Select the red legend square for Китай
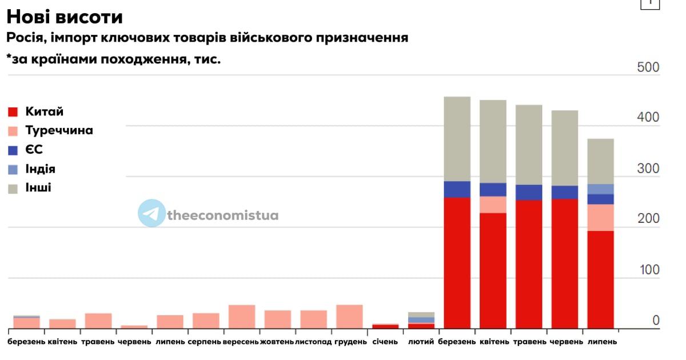coord(14,111)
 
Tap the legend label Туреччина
coord(59,130)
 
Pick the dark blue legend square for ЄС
coord(14,150)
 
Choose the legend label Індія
coord(40,169)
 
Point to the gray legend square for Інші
coord(14,188)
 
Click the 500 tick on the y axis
coord(648,67)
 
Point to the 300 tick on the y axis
coord(648,169)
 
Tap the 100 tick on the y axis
coord(648,270)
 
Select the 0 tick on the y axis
coord(656,321)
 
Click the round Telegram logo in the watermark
coord(151,214)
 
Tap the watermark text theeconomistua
coord(223,215)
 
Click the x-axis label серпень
coord(206,342)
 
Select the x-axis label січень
coord(385,342)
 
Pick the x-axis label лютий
coord(421,342)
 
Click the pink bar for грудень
coord(349,317)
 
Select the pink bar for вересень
coord(242,317)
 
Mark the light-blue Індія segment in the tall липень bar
coord(601,189)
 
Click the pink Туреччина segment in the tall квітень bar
coord(493,205)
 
